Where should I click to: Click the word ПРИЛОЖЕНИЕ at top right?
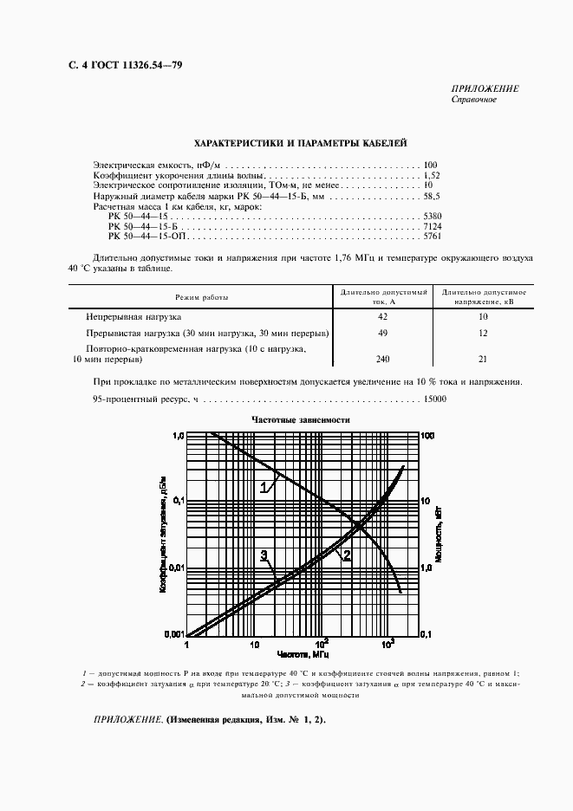pyautogui.click(x=485, y=89)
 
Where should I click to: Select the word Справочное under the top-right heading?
pyautogui.click(x=473, y=100)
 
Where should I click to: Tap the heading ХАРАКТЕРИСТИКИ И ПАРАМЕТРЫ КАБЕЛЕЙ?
pyautogui.click(x=295, y=143)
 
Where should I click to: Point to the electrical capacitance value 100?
pyautogui.click(x=431, y=165)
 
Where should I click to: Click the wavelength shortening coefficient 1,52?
pyautogui.click(x=433, y=175)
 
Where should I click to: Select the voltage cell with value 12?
pyautogui.click(x=483, y=334)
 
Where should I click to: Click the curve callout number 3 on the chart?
pyautogui.click(x=263, y=555)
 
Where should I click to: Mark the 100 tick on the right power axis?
pyautogui.click(x=427, y=435)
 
